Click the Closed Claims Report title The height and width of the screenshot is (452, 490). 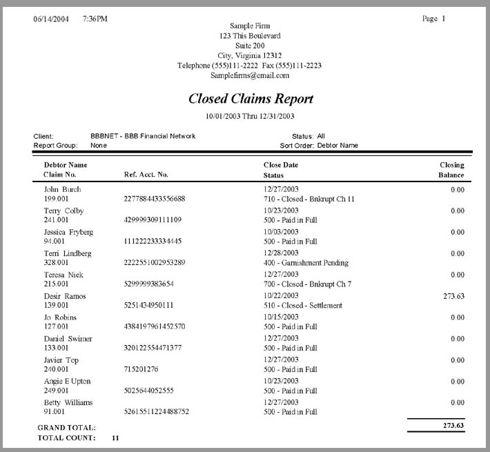tap(251, 99)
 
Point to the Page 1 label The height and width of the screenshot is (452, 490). tap(433, 19)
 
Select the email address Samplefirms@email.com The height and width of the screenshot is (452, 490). tap(250, 75)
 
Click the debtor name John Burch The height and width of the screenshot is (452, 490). tap(62, 189)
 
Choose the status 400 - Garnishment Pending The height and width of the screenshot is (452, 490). tap(306, 263)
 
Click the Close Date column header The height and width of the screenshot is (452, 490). tap(281, 165)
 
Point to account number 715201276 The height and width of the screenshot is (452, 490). tap(141, 370)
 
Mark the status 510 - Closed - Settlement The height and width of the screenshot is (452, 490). tap(302, 306)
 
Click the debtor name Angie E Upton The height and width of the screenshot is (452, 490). tap(67, 381)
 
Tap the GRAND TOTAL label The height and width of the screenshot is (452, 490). tap(66, 428)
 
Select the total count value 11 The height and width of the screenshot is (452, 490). tap(115, 438)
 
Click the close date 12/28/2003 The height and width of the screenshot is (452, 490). tap(281, 253)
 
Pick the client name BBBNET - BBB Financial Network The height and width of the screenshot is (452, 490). tap(143, 136)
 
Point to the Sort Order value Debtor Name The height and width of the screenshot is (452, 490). tap(337, 146)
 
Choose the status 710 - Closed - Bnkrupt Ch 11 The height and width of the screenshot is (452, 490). tap(309, 199)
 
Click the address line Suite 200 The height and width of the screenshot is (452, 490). tap(250, 46)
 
